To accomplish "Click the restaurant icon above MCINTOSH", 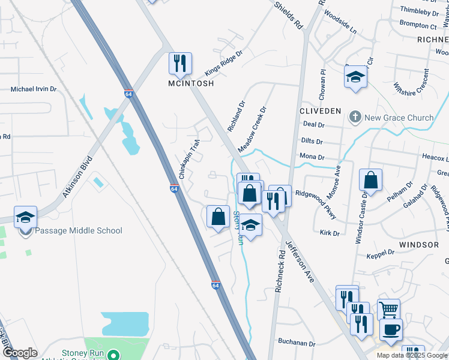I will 179,62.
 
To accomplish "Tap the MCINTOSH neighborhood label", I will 191,84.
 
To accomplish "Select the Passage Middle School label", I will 79,231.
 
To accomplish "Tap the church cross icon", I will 355,117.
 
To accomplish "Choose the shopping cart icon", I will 390,309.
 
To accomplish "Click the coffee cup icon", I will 391,329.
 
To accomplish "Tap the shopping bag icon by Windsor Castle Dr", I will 371,179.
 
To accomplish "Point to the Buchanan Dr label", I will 297,344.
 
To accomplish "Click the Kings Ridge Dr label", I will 222,62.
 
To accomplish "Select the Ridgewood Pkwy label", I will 316,205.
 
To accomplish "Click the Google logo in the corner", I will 20,353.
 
